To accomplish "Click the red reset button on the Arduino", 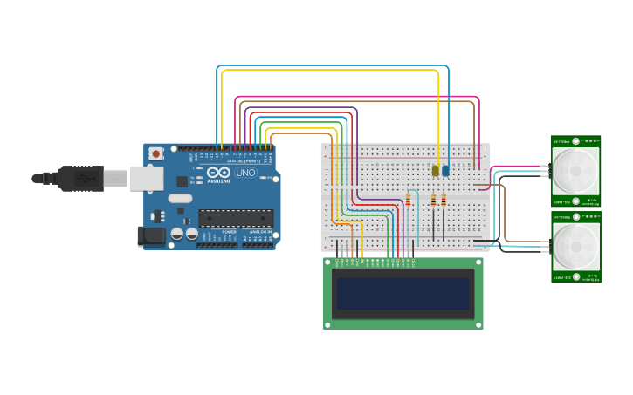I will click(x=155, y=154).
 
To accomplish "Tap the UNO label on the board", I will click(x=245, y=173).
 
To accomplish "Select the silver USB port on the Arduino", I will click(x=146, y=178).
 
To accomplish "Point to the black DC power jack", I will click(x=151, y=235).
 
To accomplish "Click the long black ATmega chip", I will click(x=235, y=218).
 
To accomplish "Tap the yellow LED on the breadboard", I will click(x=436, y=170).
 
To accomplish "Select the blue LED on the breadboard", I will click(x=445, y=170).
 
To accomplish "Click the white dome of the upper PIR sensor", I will click(x=576, y=170).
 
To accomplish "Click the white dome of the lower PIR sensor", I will click(x=576, y=246).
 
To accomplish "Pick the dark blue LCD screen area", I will click(x=403, y=294).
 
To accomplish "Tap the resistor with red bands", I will click(x=408, y=201).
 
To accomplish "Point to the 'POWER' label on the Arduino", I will click(x=229, y=231).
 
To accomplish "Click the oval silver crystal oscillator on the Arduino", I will click(x=181, y=198).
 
